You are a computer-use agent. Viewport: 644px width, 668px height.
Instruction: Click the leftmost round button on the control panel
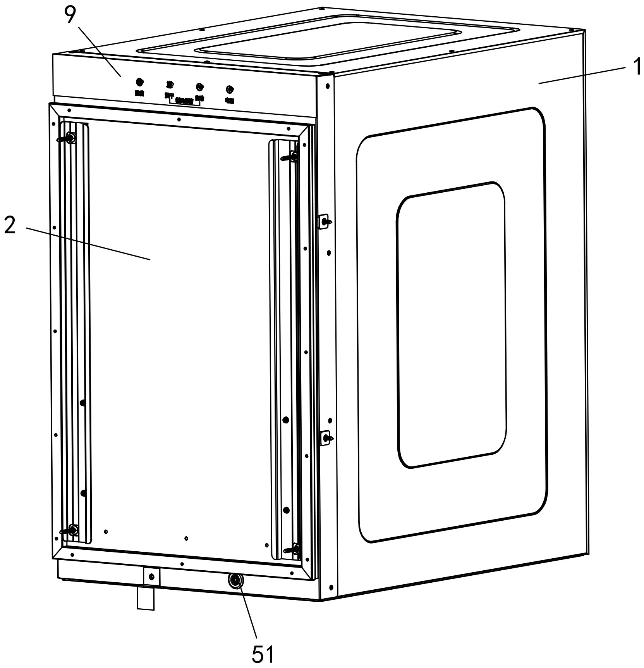139,82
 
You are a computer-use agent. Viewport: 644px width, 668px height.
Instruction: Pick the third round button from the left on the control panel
199,86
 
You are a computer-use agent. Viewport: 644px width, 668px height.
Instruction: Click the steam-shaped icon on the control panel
169,84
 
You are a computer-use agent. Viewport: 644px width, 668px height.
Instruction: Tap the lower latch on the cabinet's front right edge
325,438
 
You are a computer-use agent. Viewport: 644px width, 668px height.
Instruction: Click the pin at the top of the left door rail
69,138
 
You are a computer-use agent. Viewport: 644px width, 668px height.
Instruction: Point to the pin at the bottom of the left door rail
72,530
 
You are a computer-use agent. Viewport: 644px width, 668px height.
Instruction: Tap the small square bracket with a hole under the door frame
151,576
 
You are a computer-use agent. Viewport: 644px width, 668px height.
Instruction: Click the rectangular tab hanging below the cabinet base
146,599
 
